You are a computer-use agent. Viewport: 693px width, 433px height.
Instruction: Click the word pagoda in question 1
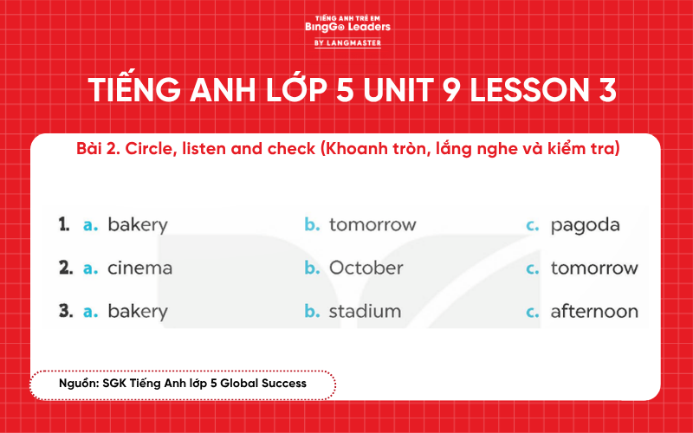click(x=586, y=225)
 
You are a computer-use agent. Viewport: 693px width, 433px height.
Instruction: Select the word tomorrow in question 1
click(x=372, y=225)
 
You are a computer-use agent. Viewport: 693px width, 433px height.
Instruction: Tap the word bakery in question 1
click(x=137, y=225)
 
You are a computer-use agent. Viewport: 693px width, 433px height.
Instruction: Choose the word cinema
click(x=139, y=268)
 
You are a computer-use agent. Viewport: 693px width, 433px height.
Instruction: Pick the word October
click(x=366, y=268)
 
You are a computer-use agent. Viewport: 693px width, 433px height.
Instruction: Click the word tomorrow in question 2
click(x=594, y=268)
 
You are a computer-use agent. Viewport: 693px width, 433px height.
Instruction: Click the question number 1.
click(x=63, y=225)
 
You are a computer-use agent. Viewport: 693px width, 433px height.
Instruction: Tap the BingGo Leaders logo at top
click(x=347, y=25)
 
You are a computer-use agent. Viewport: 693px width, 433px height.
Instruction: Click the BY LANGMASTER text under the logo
click(x=347, y=43)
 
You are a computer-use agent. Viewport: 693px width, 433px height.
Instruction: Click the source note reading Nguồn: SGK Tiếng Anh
click(x=182, y=382)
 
